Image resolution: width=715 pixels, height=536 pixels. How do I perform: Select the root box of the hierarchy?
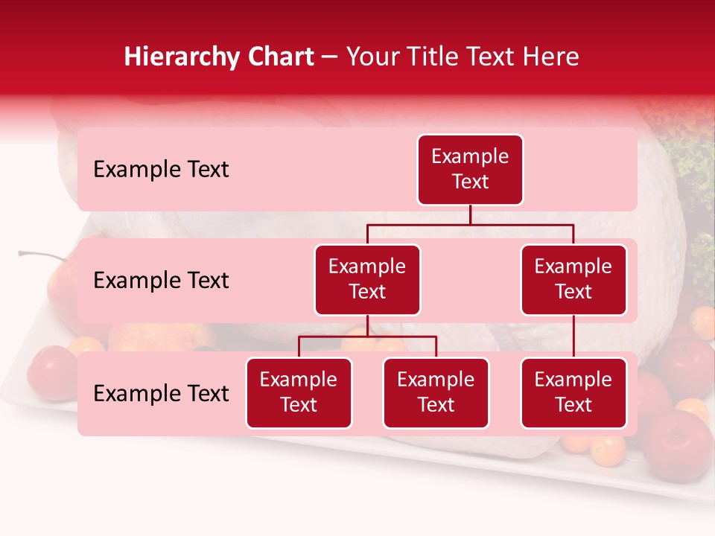(x=470, y=170)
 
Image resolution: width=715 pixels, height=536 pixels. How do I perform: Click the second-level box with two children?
(x=367, y=280)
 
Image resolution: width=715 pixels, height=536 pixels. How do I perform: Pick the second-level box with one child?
(x=573, y=280)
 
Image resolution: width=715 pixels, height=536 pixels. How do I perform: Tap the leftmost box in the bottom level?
(x=299, y=393)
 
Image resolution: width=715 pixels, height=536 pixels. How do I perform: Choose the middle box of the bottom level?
(x=436, y=393)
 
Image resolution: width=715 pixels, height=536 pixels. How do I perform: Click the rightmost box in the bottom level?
(x=573, y=393)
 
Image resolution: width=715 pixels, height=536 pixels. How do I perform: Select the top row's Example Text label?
(x=161, y=170)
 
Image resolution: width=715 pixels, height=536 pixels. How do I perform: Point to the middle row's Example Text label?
(x=161, y=281)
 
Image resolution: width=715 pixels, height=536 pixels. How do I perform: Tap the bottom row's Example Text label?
(x=161, y=394)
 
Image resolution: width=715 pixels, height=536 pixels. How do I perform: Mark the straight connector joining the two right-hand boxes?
(x=573, y=336)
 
